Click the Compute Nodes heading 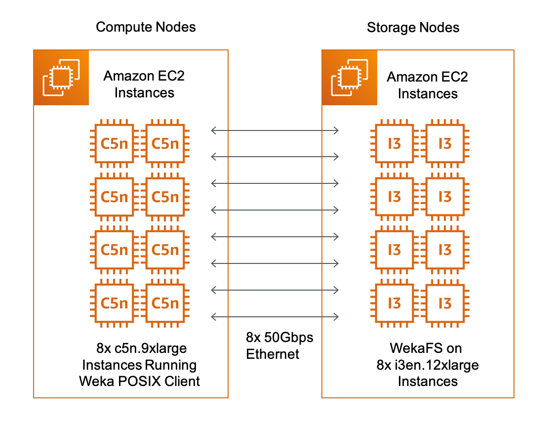146,27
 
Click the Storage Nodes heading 413,27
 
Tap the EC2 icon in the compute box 61,77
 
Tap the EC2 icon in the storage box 350,77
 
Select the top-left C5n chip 114,143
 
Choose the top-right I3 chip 445,143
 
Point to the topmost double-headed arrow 275,130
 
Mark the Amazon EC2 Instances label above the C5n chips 144,85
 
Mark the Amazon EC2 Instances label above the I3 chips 428,86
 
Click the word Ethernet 273,354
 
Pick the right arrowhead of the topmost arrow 337,130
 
